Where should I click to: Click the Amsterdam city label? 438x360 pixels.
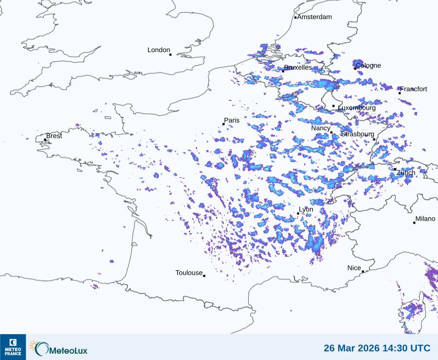click(x=314, y=17)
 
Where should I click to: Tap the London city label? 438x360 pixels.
click(x=159, y=50)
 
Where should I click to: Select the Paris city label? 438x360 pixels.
click(x=232, y=120)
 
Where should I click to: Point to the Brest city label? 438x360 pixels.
click(x=54, y=136)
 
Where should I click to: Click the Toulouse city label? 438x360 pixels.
click(x=189, y=273)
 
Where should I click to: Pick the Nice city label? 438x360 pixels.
click(x=354, y=268)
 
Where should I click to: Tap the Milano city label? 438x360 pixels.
click(x=425, y=219)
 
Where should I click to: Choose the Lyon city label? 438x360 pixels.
click(x=306, y=209)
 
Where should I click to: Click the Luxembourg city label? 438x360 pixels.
click(x=357, y=108)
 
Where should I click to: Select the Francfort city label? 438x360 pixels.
click(x=414, y=89)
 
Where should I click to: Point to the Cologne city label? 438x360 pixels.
click(x=368, y=66)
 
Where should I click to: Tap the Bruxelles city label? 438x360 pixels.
click(x=298, y=68)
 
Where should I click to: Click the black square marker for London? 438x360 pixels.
click(x=170, y=55)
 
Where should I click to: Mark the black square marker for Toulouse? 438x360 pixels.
click(x=204, y=276)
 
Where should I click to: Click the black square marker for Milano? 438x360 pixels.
click(x=414, y=223)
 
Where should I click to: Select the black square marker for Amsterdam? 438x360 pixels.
click(x=295, y=18)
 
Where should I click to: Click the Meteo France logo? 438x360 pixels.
click(x=13, y=347)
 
